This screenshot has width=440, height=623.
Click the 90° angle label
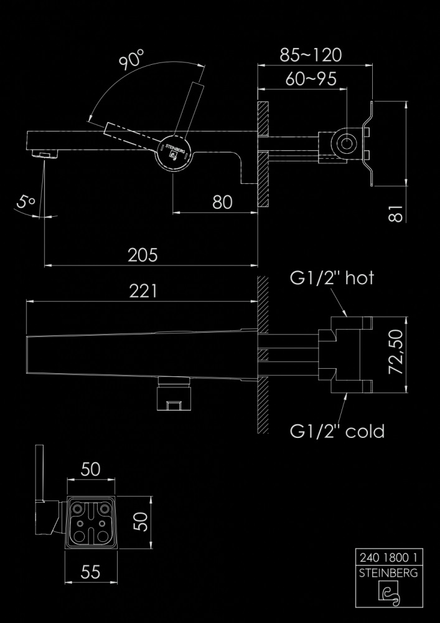pos(131,60)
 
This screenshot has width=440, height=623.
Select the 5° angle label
pos(26,202)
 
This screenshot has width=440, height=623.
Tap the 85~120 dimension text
pos(311,55)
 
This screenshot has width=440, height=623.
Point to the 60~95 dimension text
pos(311,79)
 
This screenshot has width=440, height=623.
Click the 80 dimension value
pos(222,202)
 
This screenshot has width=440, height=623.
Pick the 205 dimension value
pos(143,255)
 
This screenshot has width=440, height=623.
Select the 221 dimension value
pos(143,291)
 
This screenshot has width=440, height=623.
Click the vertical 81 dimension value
pos(396,213)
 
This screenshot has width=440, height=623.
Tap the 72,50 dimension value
pos(396,351)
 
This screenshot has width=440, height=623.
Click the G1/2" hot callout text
pos(332,278)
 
